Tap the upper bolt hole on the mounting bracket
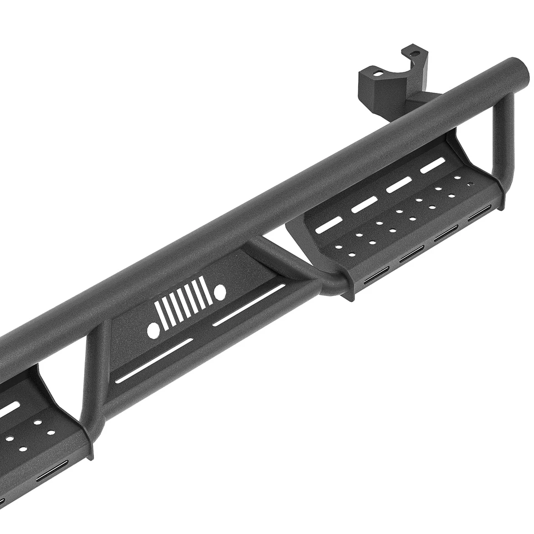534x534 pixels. (x=414, y=53)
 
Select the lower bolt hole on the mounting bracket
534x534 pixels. (x=378, y=73)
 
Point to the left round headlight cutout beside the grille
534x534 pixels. (x=153, y=331)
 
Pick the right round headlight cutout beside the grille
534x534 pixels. (x=220, y=291)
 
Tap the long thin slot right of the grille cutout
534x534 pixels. (x=249, y=305)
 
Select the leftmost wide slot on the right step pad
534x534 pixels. (x=329, y=225)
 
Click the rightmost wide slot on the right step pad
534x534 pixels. (x=433, y=165)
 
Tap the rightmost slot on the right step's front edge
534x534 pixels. (x=479, y=213)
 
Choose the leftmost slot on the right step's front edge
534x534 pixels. (x=376, y=275)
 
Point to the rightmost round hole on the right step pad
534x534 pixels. (x=471, y=184)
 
